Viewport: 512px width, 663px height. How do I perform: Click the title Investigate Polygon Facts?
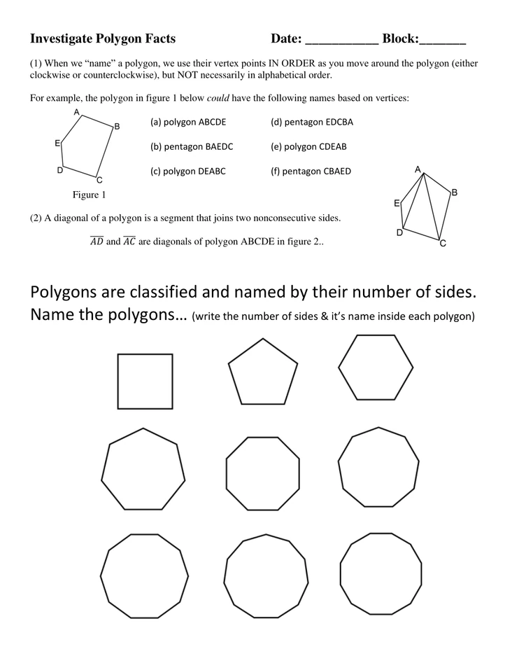(x=103, y=39)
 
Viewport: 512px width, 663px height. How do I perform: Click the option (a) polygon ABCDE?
(x=188, y=122)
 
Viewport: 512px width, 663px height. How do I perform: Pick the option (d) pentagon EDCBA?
(x=312, y=122)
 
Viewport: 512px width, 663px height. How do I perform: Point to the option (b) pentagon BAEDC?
(x=192, y=146)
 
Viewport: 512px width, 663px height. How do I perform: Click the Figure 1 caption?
(x=90, y=195)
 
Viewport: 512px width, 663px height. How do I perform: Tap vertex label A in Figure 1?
(x=76, y=112)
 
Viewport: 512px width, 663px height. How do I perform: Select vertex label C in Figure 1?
(x=99, y=180)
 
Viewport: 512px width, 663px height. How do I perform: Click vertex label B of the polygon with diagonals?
(x=454, y=192)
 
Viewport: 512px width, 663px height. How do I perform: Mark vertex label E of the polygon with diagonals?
(x=397, y=204)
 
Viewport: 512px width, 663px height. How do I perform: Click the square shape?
(x=145, y=381)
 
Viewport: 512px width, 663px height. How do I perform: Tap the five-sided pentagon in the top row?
(x=262, y=373)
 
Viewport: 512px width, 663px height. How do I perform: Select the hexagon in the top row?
(x=376, y=367)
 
